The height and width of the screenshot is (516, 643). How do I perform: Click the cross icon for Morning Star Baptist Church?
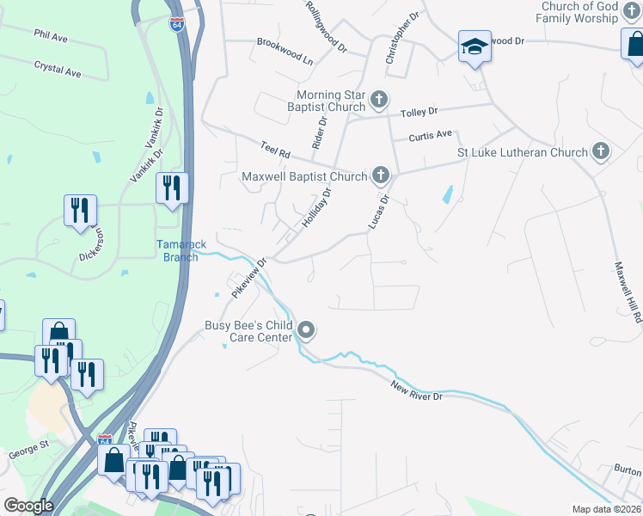378,102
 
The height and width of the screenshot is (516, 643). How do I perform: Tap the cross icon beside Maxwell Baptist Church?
380,177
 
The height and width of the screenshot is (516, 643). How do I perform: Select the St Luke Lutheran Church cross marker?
601,153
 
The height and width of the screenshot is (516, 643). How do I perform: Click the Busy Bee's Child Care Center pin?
306,330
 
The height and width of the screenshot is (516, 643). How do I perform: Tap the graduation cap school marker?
474,47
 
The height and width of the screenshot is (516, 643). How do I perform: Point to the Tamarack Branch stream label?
181,250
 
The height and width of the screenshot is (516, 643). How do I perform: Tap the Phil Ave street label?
51,37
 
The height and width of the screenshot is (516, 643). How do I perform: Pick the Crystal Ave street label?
58,69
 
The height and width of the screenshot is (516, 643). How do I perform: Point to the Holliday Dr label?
315,209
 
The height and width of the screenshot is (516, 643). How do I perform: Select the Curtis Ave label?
430,135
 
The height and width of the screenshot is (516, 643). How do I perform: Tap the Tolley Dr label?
419,112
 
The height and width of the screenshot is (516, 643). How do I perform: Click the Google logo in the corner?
28,506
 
